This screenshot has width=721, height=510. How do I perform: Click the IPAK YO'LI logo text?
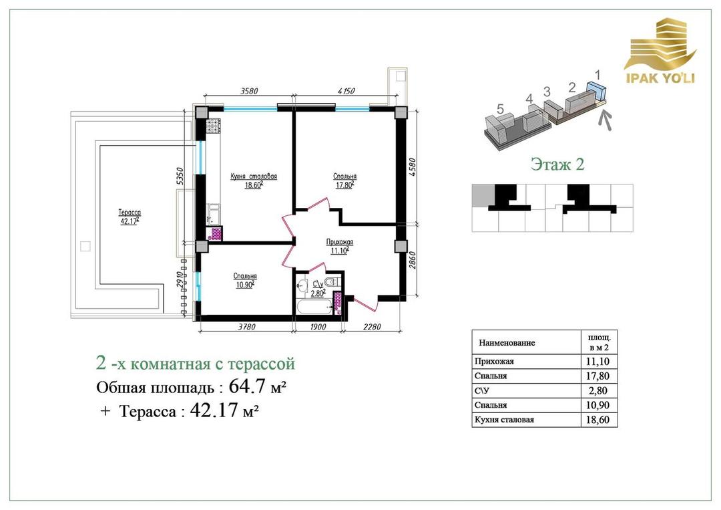point(660,77)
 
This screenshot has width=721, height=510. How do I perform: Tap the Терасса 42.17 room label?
point(130,217)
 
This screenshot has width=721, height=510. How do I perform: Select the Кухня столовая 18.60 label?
point(254,180)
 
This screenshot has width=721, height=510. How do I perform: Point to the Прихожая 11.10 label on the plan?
point(339,246)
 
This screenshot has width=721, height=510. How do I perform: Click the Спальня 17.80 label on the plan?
point(344,180)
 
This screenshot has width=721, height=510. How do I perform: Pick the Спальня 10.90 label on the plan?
point(244,280)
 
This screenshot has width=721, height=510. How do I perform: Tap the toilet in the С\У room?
point(331,281)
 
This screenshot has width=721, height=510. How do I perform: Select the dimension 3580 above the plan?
point(249,91)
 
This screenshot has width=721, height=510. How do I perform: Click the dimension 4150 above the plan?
point(346,91)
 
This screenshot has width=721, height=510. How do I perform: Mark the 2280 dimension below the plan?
point(372,327)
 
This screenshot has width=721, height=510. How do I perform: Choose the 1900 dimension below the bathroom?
point(317,327)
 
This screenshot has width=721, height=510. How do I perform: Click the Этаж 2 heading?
point(557,164)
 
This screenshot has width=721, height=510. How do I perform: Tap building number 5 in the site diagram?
point(500,109)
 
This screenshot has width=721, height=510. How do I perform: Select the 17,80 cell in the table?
point(598,376)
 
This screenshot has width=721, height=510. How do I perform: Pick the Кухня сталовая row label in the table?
point(504,419)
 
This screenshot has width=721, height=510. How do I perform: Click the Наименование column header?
point(507,343)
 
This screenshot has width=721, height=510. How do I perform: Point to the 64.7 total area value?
point(248,386)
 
